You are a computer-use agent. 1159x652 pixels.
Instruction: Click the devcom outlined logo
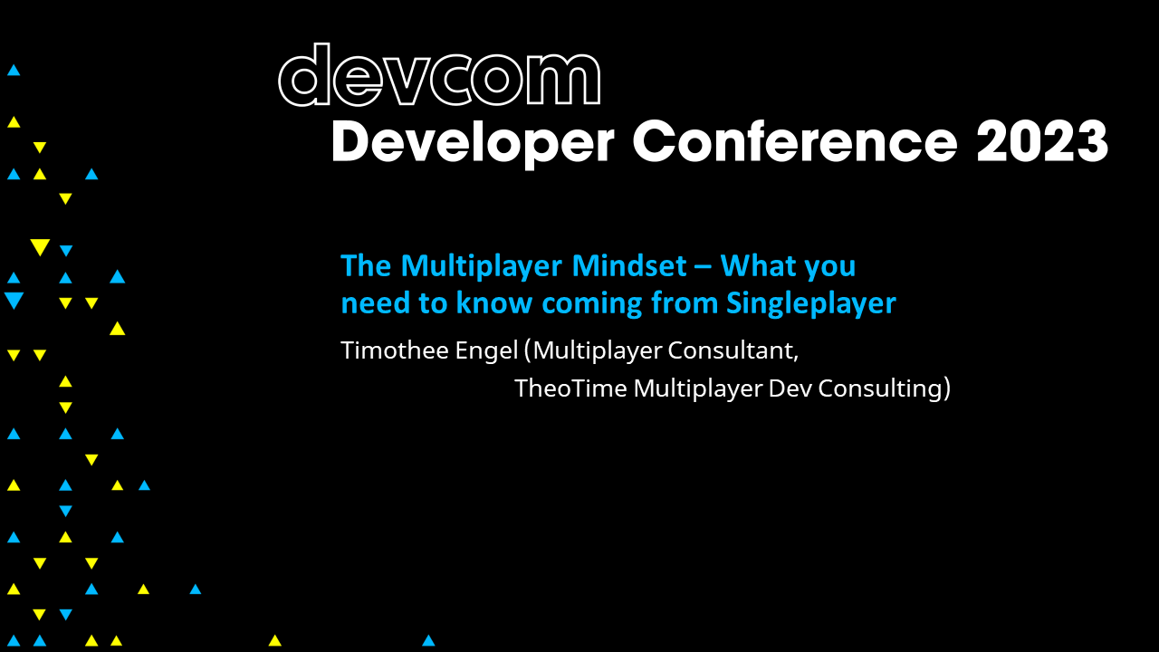click(439, 76)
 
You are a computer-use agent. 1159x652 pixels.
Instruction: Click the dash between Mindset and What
click(709, 268)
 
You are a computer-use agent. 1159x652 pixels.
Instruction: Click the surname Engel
click(488, 351)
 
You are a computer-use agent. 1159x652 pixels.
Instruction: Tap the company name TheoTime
click(570, 388)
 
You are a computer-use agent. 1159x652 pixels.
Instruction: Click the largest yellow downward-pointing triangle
click(39, 247)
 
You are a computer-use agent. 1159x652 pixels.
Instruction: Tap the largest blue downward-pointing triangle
click(14, 301)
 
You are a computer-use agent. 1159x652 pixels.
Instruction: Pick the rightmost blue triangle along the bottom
click(428, 640)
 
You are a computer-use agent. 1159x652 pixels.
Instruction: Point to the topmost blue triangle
click(14, 70)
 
